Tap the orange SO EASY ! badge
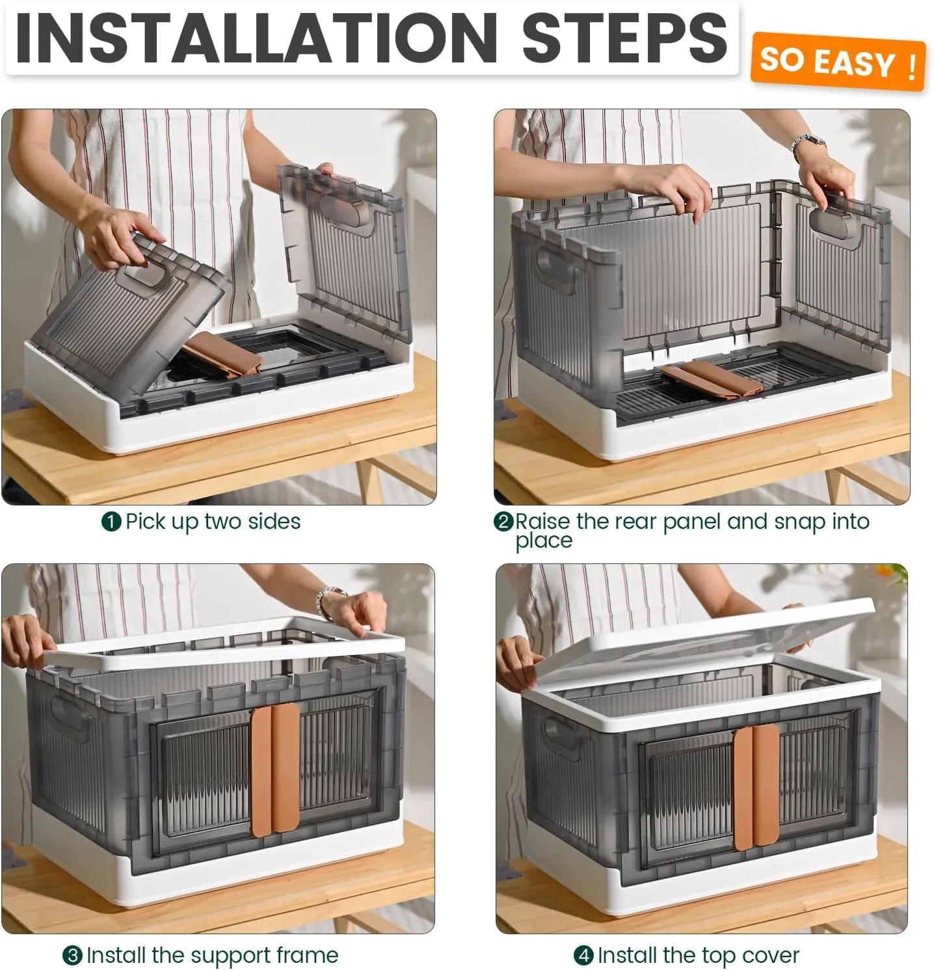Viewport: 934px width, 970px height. (x=838, y=62)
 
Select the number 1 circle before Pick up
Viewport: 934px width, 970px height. (x=111, y=522)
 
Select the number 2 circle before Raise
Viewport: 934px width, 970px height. (x=503, y=522)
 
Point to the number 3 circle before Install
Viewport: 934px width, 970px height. (x=72, y=956)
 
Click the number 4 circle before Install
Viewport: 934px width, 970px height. (x=583, y=956)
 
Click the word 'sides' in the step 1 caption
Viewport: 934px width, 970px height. (x=274, y=522)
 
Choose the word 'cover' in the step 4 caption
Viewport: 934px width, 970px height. (x=770, y=956)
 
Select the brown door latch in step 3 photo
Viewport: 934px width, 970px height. (x=275, y=767)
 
